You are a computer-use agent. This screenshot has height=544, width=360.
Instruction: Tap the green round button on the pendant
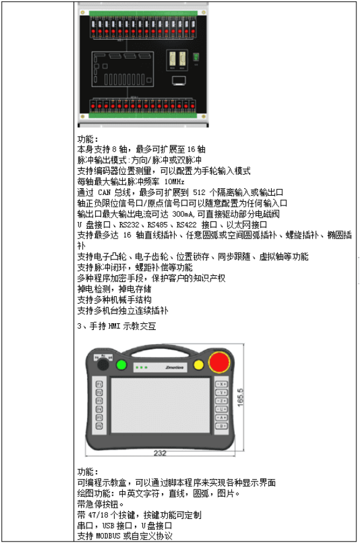[121, 365]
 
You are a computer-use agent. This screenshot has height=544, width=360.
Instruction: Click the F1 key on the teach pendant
[99, 384]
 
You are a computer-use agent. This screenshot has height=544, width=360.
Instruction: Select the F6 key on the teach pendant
[99, 426]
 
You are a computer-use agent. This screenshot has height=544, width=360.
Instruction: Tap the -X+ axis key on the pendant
[221, 384]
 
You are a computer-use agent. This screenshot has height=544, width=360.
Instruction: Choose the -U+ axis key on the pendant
[221, 410]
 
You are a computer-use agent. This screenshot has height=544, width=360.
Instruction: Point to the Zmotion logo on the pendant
[174, 367]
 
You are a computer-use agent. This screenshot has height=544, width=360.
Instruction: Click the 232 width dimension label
[160, 453]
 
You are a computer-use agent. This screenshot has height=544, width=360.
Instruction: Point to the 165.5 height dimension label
[240, 397]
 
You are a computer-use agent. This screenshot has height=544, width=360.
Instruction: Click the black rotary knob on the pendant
[102, 365]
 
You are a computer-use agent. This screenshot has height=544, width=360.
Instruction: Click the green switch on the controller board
[196, 57]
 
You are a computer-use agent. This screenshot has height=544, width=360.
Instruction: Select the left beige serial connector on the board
[172, 58]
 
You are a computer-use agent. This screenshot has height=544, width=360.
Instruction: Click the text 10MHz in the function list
[174, 182]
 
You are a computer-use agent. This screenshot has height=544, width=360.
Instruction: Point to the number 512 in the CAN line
[199, 192]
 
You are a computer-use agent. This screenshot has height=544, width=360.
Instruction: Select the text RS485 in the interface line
[158, 225]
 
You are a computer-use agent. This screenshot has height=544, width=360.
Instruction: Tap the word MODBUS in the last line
[108, 536]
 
